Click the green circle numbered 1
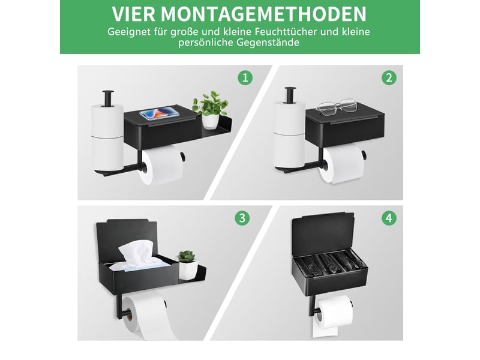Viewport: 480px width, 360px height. [x=245, y=78]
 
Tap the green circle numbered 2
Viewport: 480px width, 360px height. [x=389, y=78]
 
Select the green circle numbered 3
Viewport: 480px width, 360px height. [x=242, y=218]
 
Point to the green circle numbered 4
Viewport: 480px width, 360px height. [x=389, y=218]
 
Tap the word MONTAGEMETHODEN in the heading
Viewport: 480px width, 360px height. [x=263, y=13]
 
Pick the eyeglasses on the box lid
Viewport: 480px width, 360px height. [x=337, y=107]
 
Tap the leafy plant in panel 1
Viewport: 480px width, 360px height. [x=211, y=103]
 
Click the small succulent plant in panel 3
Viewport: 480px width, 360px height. [x=187, y=256]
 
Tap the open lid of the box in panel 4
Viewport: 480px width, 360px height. [x=323, y=235]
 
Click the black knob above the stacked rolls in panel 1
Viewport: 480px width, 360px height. [x=108, y=97]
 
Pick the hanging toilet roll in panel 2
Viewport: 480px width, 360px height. [x=342, y=164]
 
